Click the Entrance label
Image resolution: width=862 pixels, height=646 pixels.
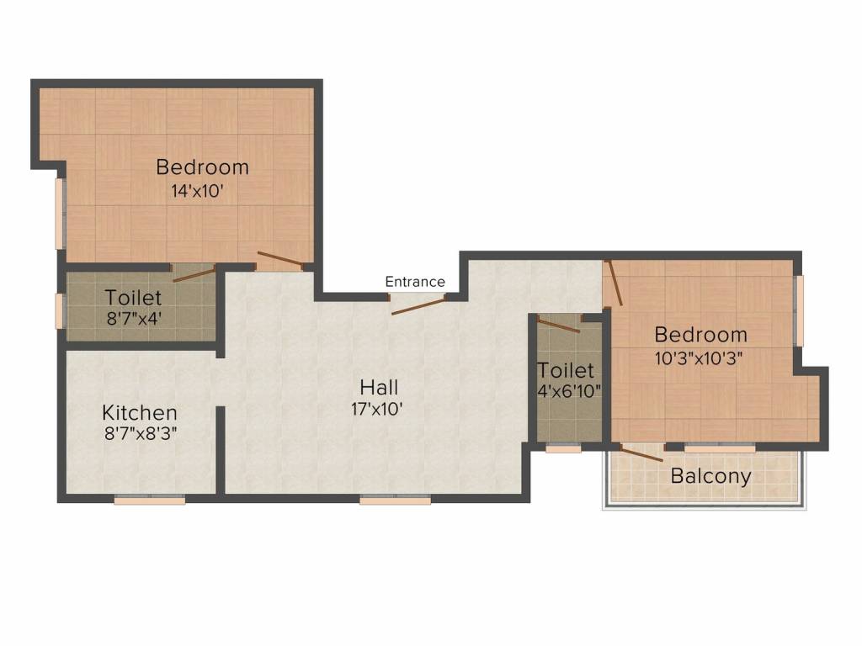coord(415,282)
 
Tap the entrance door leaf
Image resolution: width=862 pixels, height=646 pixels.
coord(418,307)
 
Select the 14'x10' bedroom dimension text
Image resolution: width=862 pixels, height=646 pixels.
coord(197,191)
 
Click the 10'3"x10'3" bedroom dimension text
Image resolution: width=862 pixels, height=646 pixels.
coord(699,358)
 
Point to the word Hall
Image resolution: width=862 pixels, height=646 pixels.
coord(379,387)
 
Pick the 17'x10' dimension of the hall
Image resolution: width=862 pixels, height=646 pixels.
coord(378,409)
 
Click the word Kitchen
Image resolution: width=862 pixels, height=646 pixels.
coord(140,412)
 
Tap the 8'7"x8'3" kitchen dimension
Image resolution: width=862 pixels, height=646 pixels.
coord(141,434)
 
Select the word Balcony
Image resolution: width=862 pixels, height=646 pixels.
coord(710,476)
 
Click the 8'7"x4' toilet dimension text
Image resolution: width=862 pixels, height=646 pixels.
coord(134,318)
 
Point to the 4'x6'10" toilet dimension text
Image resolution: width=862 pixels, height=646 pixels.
coord(569,391)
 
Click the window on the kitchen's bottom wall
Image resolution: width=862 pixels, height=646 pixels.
coord(150,500)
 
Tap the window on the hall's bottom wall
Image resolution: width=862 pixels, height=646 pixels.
coord(396,500)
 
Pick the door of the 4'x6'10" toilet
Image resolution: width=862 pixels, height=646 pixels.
coord(558,326)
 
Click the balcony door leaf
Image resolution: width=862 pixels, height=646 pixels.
coord(641,453)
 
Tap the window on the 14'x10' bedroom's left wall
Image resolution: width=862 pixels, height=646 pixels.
coord(61,214)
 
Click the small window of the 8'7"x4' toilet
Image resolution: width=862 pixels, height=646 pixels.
coord(60,311)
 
